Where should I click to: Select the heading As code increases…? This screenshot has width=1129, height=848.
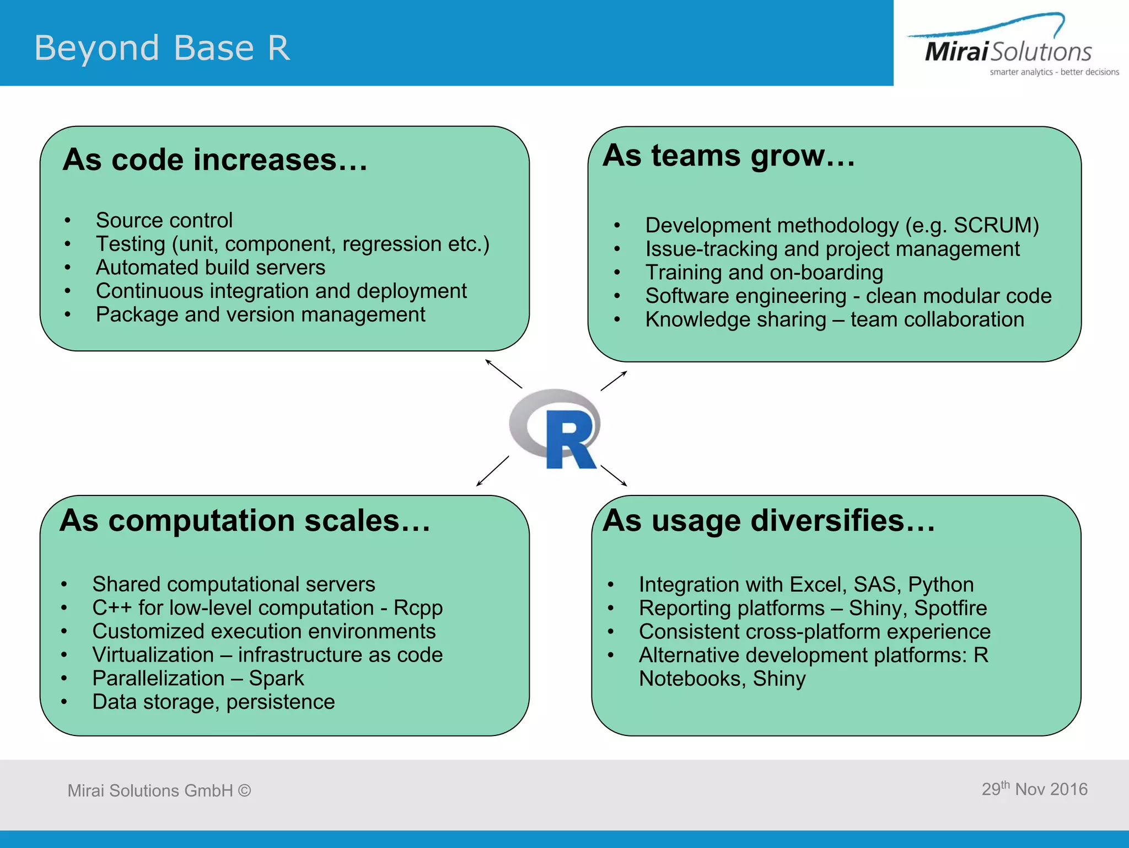tap(215, 160)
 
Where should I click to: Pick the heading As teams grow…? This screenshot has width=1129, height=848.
tap(729, 156)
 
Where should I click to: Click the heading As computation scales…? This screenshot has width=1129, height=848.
tap(245, 520)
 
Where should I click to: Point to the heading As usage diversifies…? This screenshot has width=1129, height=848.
tap(769, 520)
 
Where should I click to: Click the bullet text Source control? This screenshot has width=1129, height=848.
tap(164, 220)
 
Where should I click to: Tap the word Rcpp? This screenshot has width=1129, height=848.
tap(418, 608)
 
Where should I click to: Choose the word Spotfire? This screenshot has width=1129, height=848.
tap(950, 608)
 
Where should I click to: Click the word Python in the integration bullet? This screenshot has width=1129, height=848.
tap(940, 584)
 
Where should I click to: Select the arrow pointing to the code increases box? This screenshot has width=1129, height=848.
tap(503, 374)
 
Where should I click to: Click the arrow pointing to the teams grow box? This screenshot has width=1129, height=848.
tap(614, 381)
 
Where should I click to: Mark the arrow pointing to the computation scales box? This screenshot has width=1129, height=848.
tap(492, 471)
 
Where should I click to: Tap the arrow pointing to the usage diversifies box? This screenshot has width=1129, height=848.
tap(614, 476)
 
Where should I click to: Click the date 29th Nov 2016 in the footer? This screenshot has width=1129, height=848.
tap(1034, 789)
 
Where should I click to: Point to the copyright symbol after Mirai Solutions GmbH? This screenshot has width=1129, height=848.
tap(244, 791)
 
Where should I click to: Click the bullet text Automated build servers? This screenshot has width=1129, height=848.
tap(210, 268)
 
